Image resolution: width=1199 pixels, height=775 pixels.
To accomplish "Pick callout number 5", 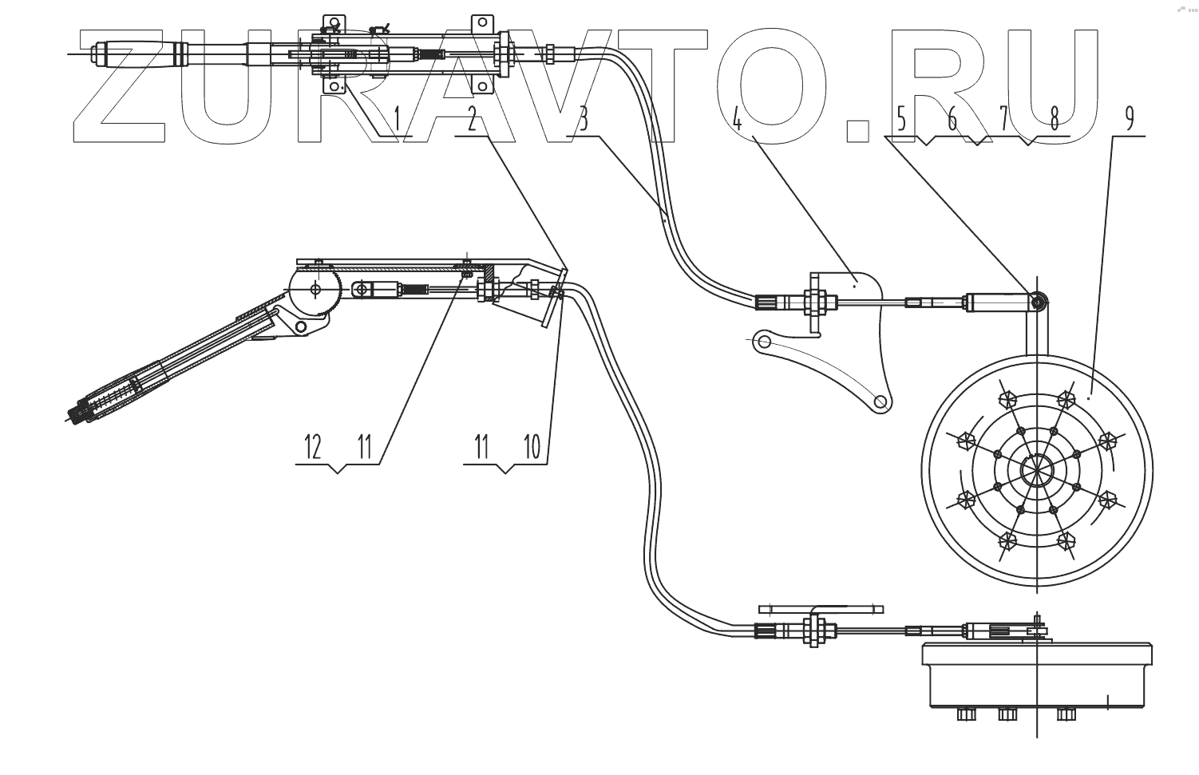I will (x=901, y=121).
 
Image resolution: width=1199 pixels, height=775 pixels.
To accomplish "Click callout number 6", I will (x=952, y=121).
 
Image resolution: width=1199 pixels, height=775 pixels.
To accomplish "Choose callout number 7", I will (x=1003, y=121).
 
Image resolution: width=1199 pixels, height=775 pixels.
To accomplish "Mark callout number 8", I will (x=1055, y=121).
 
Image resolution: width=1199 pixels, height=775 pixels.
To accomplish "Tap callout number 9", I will (x=1129, y=120).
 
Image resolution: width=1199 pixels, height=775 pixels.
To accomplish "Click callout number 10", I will (x=532, y=447).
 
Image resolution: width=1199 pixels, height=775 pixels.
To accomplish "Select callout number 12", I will (x=312, y=447).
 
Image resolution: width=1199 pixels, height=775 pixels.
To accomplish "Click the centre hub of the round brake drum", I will (x=1036, y=470).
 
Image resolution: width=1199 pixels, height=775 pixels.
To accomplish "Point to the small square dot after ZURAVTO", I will (x=857, y=130).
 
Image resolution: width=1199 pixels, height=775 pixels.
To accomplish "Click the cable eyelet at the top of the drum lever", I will (x=1039, y=302).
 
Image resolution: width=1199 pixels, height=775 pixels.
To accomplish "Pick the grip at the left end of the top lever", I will (x=140, y=54).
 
